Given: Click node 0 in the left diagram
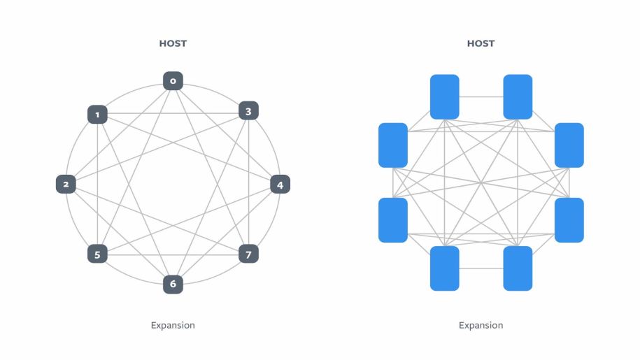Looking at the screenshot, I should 173,81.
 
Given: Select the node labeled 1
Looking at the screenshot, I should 97,114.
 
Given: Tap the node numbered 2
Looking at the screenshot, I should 66,185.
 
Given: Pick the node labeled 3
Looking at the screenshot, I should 248,110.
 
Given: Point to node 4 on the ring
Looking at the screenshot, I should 280,185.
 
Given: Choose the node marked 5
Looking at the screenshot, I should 97,254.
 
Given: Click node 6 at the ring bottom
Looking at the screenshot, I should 173,284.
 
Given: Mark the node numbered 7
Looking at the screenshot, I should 248,253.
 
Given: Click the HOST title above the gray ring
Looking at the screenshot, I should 173,43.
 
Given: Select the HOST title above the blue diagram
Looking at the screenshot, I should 481,43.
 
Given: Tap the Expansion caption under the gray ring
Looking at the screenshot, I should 173,325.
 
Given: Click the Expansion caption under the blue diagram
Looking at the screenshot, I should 481,325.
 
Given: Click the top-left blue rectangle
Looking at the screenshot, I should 444,97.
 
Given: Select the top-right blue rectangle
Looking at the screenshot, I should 518,97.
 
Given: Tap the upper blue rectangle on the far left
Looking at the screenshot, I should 393,145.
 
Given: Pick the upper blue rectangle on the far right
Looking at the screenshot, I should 569,145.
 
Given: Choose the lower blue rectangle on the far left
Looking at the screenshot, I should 393,220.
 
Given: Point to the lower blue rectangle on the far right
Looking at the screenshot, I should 569,220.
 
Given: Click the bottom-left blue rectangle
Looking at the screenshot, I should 444,268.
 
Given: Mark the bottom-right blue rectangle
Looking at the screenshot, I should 518,268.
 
